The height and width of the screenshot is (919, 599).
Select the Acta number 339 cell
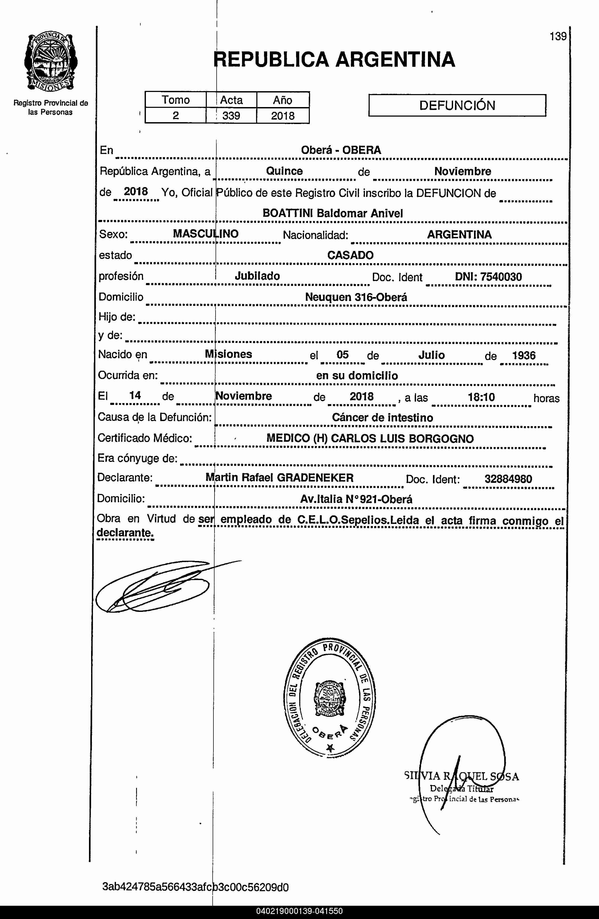[231, 116]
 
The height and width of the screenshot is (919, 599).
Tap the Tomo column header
[176, 100]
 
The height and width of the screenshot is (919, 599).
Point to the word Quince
[284, 171]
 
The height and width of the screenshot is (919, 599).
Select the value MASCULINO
[206, 234]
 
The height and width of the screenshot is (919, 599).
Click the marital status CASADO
[350, 255]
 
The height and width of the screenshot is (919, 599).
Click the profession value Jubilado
[257, 276]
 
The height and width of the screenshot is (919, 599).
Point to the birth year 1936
[524, 355]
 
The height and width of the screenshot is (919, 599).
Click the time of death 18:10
[481, 397]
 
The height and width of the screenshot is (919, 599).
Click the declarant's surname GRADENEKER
[315, 478]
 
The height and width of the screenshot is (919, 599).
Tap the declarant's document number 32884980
[508, 479]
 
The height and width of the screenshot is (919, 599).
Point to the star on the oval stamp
[330, 748]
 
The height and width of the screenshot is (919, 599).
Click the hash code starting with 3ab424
[195, 887]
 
